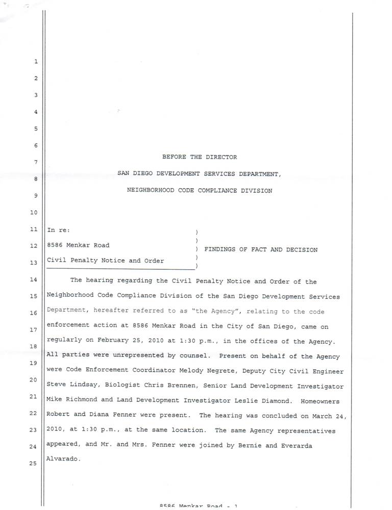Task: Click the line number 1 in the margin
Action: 36,62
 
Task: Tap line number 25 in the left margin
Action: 34,478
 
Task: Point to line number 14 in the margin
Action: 34,279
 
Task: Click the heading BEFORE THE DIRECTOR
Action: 200,157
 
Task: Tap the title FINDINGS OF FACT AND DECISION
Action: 261,249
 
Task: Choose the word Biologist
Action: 116,386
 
